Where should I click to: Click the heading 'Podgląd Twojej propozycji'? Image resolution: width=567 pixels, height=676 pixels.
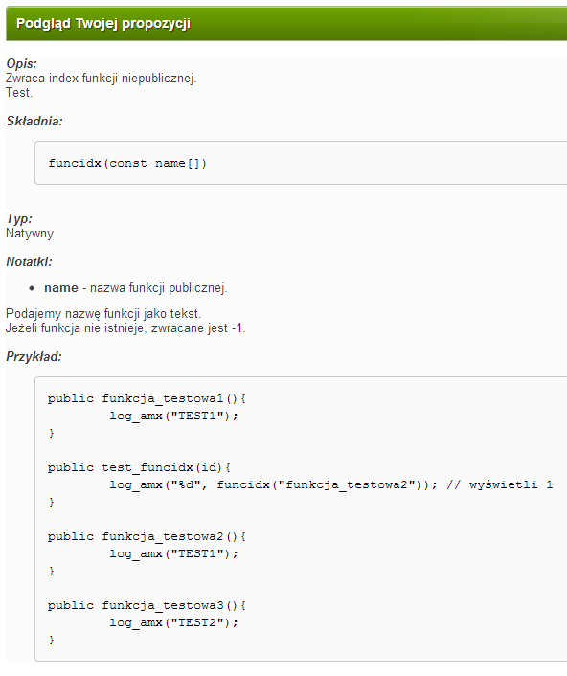point(103,23)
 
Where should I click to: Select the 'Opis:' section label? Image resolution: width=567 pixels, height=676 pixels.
point(22,64)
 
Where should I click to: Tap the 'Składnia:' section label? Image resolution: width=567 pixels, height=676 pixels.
point(34,122)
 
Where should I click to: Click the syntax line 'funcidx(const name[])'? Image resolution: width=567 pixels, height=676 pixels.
point(127,164)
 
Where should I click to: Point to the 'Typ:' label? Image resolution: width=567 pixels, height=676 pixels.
point(19,219)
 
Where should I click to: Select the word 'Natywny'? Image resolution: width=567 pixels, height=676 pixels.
point(30,234)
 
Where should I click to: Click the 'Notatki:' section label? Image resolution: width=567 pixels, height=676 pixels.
point(29,262)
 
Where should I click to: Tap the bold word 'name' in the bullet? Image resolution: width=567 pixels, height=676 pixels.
point(61,288)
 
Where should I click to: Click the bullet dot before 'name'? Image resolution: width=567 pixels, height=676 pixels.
point(32,288)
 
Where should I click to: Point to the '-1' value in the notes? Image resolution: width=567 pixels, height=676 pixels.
point(237,328)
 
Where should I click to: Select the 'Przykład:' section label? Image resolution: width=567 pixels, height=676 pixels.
point(34,357)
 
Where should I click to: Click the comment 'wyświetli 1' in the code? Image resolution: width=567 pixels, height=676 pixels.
point(510,485)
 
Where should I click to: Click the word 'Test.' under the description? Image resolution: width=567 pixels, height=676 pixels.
point(19,93)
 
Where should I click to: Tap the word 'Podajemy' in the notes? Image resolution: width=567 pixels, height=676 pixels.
point(34,314)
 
